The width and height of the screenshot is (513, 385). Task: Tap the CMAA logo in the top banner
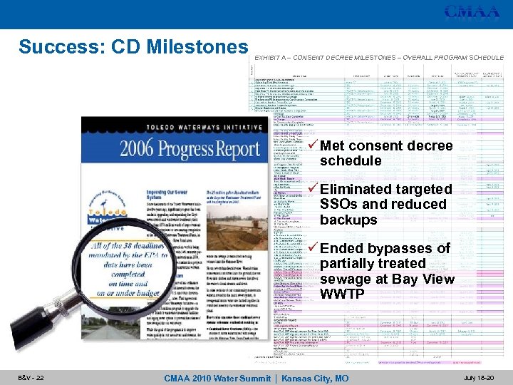(472, 12)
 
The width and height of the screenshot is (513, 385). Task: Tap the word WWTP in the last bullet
(343, 294)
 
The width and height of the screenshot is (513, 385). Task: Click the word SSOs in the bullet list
(339, 205)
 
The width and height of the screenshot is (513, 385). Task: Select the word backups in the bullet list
(348, 220)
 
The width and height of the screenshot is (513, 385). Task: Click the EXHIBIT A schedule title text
(378, 56)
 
